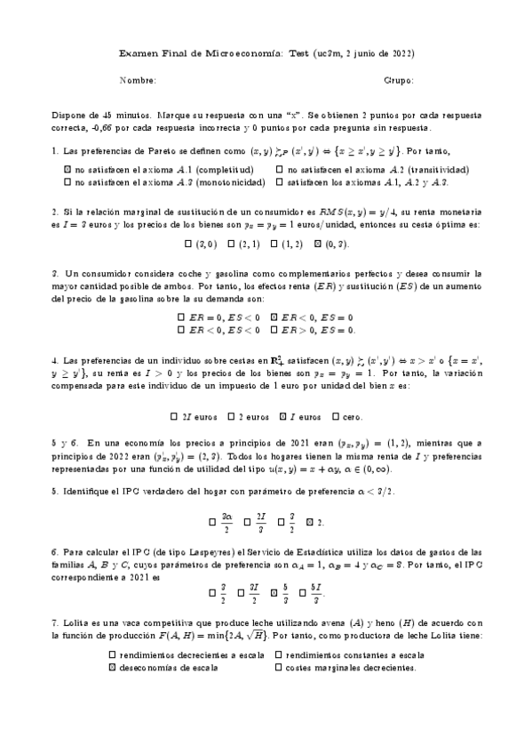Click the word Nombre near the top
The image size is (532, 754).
pos(137,81)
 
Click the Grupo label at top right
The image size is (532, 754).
pos(399,81)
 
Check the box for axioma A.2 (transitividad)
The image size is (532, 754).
pos(281,169)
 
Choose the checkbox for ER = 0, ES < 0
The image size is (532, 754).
pos(181,317)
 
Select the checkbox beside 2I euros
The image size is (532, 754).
pos(174,416)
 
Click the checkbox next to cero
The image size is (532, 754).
pos(336,416)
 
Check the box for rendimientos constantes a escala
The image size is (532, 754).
pos(280,654)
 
